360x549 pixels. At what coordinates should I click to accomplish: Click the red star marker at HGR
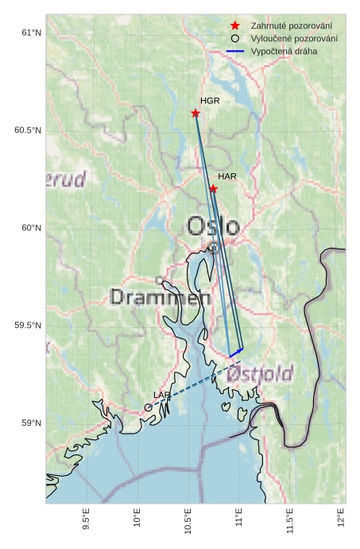pos(195,113)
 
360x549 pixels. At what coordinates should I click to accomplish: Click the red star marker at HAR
pos(214,188)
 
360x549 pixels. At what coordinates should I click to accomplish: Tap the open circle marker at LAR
pos(149,408)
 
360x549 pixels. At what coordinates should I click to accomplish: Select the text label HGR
pos(210,101)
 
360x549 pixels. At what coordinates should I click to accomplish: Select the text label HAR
pos(227,176)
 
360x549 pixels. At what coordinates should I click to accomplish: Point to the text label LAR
pos(161,395)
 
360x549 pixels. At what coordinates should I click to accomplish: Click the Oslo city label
pos(212,226)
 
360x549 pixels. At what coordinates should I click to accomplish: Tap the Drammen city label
pos(160,298)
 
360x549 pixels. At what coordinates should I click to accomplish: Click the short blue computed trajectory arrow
pos(236,353)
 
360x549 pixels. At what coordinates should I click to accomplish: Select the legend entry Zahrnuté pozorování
pos(291,26)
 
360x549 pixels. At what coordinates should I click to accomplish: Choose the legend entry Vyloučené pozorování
pos(293,38)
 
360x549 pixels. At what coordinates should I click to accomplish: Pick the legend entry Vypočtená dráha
pos(283,51)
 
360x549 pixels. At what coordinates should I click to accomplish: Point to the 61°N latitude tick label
pos(30,33)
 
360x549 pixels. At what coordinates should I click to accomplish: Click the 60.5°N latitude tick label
pos(28,130)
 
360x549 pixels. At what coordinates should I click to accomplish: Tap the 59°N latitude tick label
pos(30,423)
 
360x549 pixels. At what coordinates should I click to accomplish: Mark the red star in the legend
pos(235,26)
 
